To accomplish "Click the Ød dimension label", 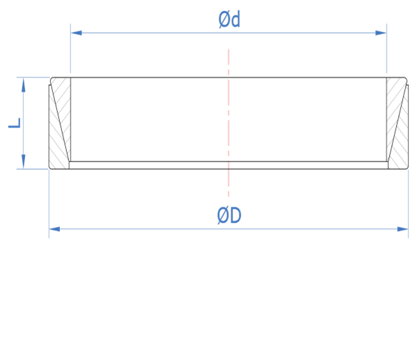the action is (229, 19).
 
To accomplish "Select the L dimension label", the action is (15, 123).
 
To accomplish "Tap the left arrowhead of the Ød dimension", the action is (77, 33).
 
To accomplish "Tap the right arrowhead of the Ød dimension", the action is (381, 33).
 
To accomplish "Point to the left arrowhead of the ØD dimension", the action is (54, 229).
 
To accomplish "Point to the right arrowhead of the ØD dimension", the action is (402, 229).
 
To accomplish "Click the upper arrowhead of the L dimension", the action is (24, 85).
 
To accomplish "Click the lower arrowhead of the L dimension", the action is (24, 162).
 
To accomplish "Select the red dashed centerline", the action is (228, 123).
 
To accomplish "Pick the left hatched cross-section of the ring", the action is (60, 123).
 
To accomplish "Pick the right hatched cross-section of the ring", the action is (398, 123).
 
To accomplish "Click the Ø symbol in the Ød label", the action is (223, 19).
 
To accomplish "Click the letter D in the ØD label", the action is (235, 216).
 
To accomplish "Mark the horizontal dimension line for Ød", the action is (229, 33).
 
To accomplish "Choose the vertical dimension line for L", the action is (24, 123).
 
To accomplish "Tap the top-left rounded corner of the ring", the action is (52, 79).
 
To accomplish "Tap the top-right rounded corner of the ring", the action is (405, 79).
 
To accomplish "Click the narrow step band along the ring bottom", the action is (229, 165).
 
